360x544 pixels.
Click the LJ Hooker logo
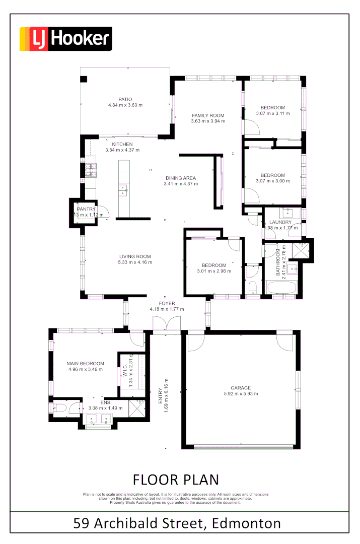coord(65,39)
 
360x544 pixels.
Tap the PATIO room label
coord(125,99)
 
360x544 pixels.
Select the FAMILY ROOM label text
coord(208,115)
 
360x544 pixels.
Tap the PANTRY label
coord(86,209)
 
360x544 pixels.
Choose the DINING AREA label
coord(181,178)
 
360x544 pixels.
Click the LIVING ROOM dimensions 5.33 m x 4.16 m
coord(134,262)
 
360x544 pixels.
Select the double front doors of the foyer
coord(167,325)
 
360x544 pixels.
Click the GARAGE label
coord(241,388)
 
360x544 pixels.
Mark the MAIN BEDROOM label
coord(85,363)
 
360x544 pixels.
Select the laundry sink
coord(288,212)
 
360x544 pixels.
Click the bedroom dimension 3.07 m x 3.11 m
coord(272,113)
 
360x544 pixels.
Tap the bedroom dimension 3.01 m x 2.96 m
coord(214,271)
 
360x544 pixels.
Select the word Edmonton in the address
coord(247,523)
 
